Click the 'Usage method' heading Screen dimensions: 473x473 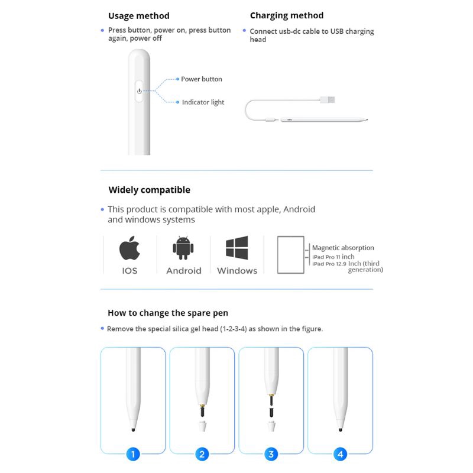click(138, 16)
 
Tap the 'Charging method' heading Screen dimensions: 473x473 click(287, 15)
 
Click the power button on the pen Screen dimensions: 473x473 click(139, 91)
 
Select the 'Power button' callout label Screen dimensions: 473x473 click(202, 79)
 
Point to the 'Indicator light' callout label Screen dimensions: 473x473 click(203, 102)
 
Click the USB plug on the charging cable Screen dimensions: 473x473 click(328, 100)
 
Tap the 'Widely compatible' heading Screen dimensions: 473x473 click(149, 190)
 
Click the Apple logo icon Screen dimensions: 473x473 click(129, 249)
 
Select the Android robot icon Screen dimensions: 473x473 click(183, 248)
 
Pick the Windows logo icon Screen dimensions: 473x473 click(237, 248)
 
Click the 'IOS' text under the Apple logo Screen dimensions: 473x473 click(129, 271)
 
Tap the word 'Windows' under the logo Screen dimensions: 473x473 click(237, 271)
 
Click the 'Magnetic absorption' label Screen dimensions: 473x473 click(343, 248)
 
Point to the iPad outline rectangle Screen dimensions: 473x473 click(290, 255)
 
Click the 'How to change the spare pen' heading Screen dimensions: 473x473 click(167, 313)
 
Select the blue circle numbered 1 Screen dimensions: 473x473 click(134, 454)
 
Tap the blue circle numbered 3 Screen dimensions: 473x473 click(271, 454)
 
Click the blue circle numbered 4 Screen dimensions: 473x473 click(340, 454)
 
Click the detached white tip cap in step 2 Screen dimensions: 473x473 click(202, 426)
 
